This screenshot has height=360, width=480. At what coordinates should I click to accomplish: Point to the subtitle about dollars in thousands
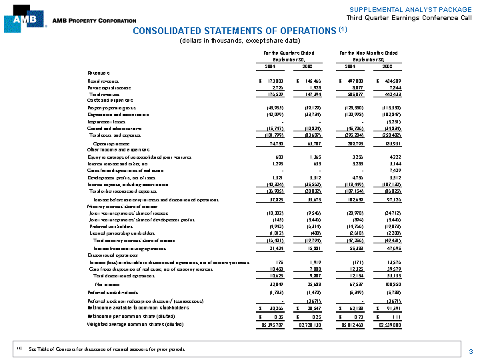coord(237,41)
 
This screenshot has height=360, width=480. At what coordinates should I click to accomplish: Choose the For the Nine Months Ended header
coord(368,52)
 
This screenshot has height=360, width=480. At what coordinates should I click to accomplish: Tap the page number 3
coord(471,351)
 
